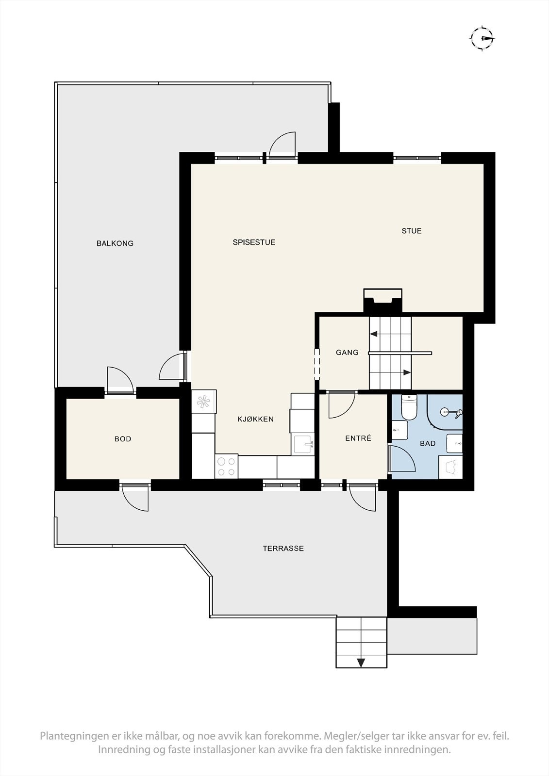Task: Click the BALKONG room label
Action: (x=115, y=243)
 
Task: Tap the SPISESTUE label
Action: (x=254, y=242)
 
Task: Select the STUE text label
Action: (x=411, y=231)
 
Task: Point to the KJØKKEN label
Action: (x=255, y=419)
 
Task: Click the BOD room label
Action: (x=123, y=439)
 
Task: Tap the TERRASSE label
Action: (x=283, y=549)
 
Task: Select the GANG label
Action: (x=347, y=353)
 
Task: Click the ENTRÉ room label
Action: (x=358, y=438)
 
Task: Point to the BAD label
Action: (x=428, y=443)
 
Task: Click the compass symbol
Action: (x=482, y=38)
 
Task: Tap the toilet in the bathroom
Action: (x=409, y=408)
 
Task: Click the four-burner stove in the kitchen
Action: (x=227, y=466)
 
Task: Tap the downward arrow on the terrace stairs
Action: (x=361, y=663)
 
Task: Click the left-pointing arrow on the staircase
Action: (x=374, y=334)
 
